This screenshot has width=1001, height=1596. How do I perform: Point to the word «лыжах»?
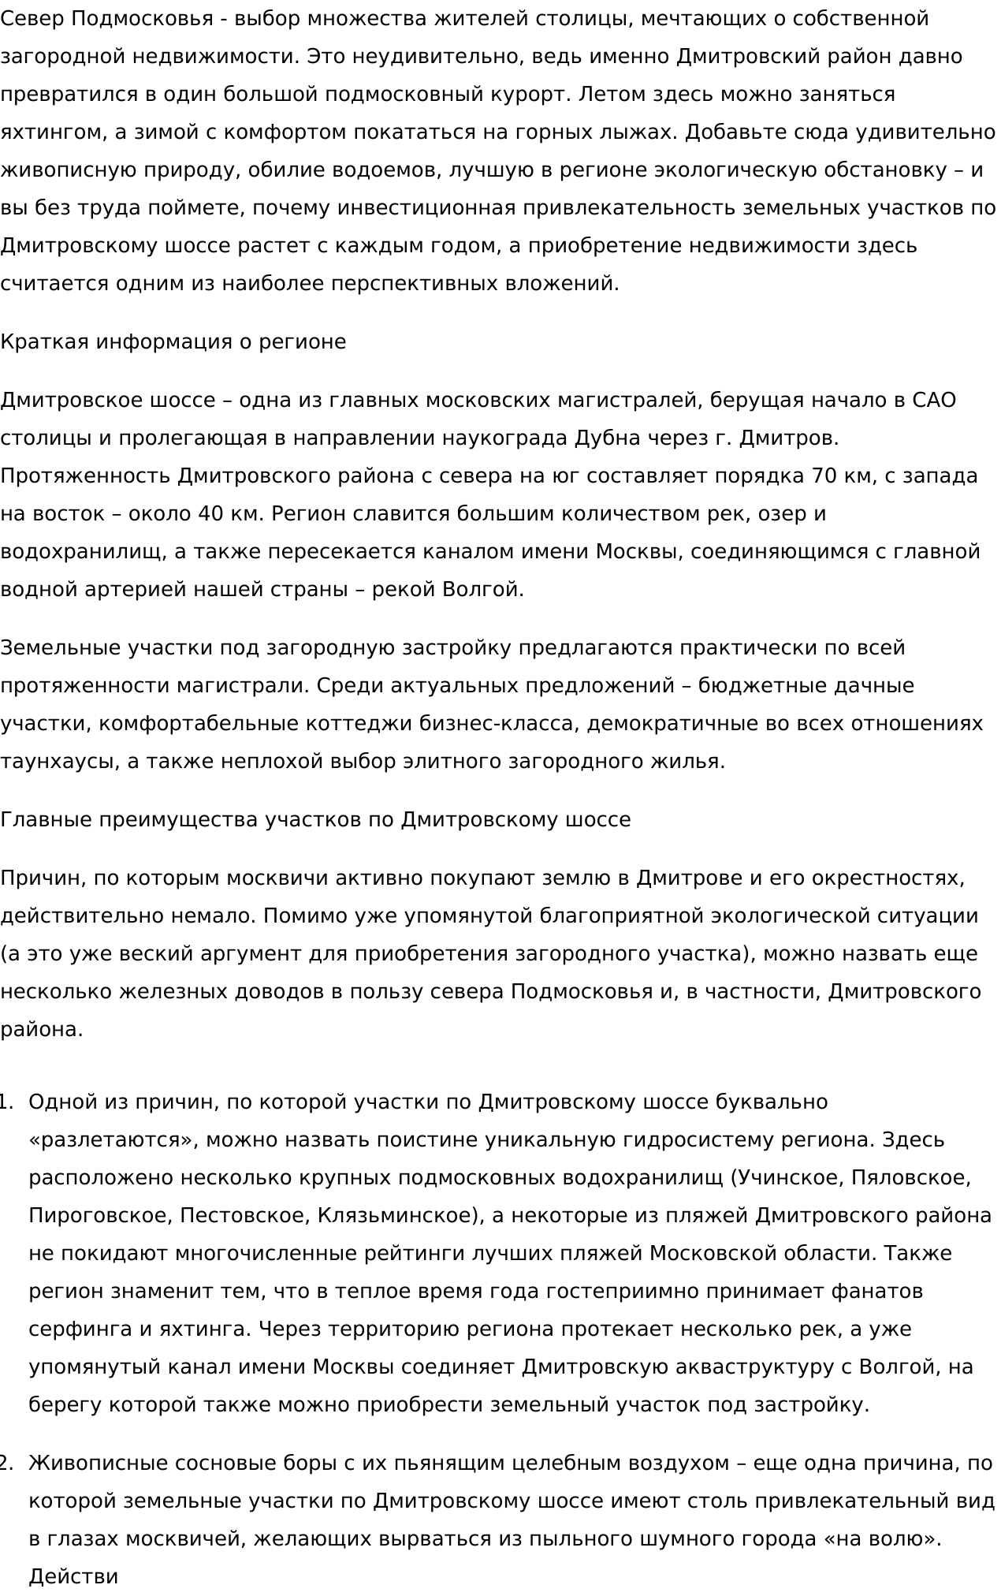pyautogui.click(x=638, y=132)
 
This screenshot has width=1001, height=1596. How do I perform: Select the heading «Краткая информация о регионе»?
pyautogui.click(x=173, y=341)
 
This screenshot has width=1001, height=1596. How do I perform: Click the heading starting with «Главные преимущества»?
pyautogui.click(x=315, y=819)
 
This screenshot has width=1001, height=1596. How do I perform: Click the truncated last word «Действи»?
pyautogui.click(x=73, y=1576)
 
